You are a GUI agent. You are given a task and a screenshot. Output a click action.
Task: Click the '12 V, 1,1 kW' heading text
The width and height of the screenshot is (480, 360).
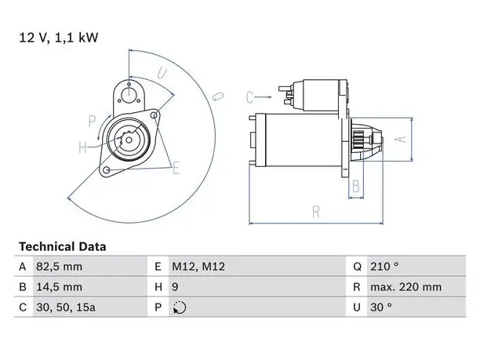coord(59,38)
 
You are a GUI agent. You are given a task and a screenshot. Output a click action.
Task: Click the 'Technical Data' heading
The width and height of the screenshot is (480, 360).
coord(63,246)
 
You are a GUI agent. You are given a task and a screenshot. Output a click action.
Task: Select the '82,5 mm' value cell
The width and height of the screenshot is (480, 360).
coord(59,267)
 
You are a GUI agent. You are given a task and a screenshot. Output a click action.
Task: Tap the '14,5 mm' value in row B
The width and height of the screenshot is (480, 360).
coord(59,287)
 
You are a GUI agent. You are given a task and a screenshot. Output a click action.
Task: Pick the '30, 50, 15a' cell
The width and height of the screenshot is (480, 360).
coord(66,307)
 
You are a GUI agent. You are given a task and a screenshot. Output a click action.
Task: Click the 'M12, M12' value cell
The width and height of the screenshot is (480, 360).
coord(198,267)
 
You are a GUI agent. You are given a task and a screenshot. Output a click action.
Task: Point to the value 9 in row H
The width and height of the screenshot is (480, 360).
coord(175,287)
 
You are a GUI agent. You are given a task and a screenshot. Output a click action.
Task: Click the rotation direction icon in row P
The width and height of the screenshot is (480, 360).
coord(180,307)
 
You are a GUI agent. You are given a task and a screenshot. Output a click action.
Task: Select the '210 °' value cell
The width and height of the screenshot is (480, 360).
coord(384,267)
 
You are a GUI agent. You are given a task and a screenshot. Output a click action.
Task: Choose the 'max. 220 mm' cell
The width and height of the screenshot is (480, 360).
coord(406,287)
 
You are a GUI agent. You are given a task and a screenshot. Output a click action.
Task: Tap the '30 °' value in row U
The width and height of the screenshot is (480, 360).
coord(381,307)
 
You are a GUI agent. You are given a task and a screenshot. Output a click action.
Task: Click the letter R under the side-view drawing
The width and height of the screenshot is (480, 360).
coord(316,212)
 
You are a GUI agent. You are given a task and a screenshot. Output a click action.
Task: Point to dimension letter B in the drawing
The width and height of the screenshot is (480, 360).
coord(356,186)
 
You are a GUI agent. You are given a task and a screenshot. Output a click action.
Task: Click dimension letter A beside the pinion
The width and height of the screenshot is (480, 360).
coord(401,140)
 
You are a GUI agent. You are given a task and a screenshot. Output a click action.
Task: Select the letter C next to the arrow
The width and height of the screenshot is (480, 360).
coord(249,97)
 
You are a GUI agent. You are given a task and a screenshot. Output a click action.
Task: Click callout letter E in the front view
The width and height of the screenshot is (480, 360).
coord(176,168)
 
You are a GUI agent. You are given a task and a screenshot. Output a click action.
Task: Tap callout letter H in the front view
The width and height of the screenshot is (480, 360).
coord(82,147)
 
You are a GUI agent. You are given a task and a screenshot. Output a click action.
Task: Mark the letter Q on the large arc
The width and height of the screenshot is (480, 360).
coord(218,96)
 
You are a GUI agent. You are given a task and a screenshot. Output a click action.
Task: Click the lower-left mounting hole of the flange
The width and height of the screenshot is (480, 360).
coord(106,170)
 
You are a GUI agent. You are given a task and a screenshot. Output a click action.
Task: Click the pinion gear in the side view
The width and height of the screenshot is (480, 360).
coord(358,140)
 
